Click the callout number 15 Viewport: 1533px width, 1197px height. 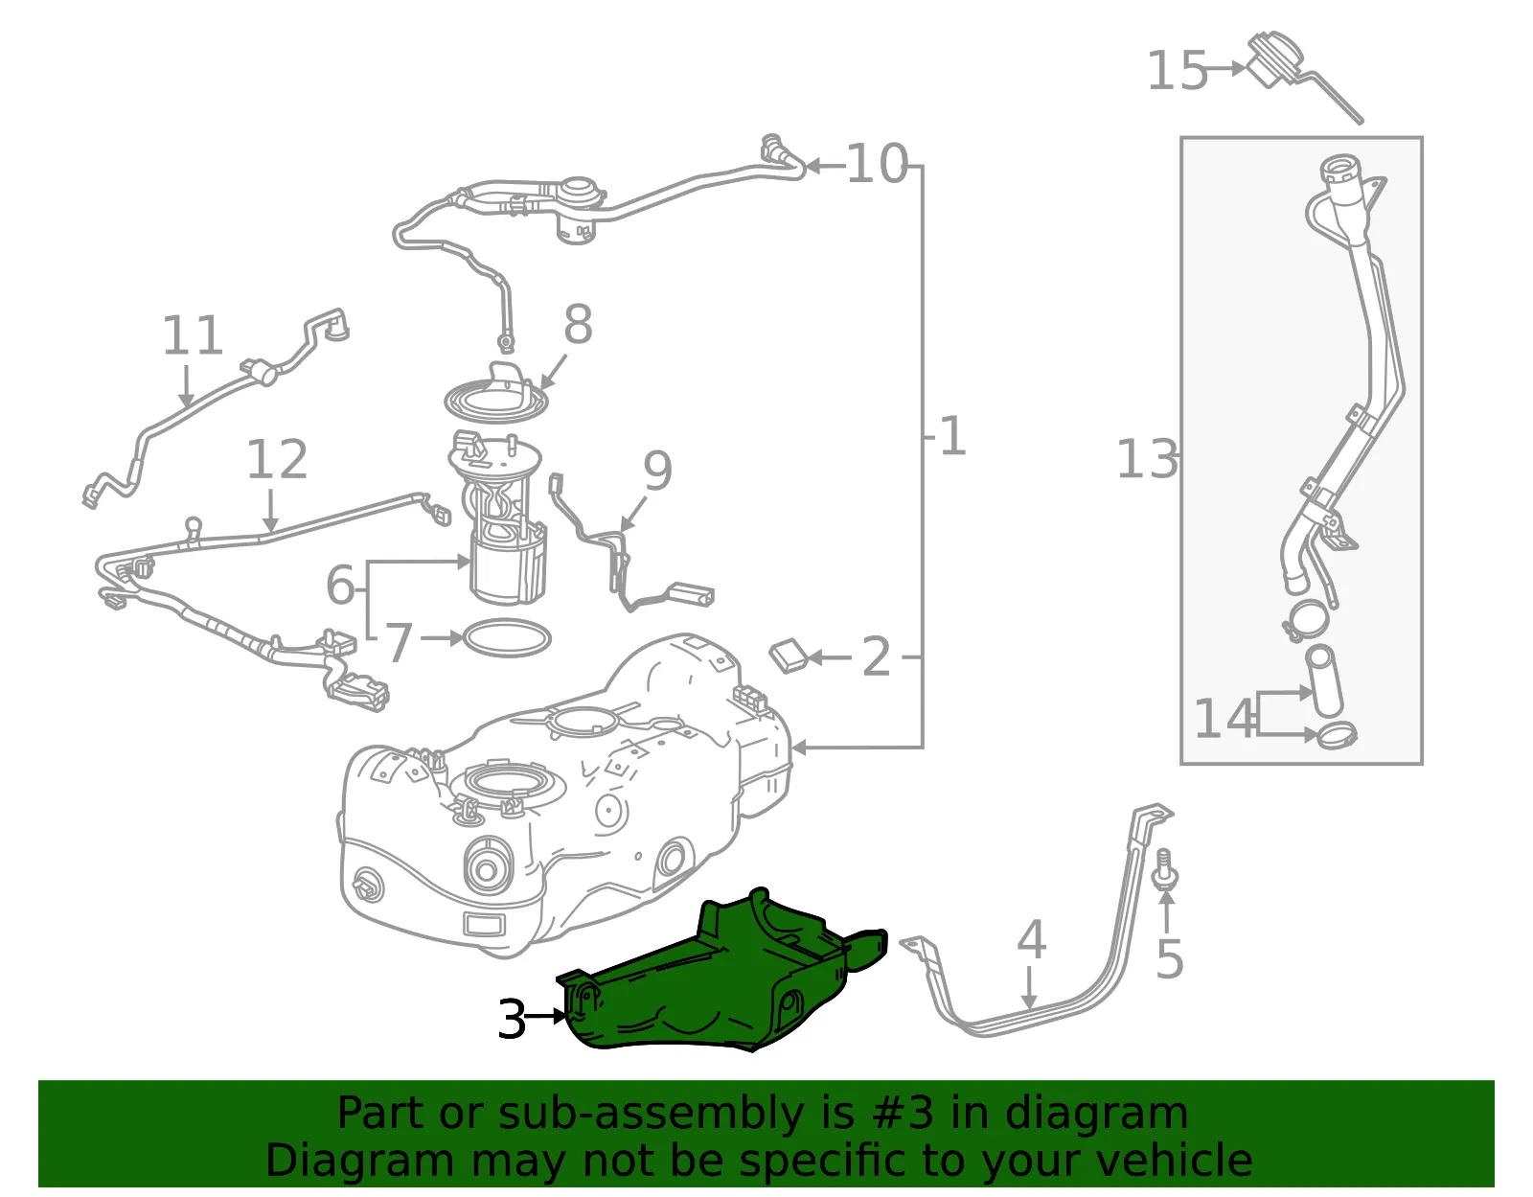coord(1177,71)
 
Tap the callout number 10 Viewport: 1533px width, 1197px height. coord(876,164)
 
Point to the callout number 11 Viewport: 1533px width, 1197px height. coord(192,335)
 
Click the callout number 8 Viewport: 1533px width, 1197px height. coord(578,325)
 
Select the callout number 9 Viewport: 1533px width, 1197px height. coord(657,471)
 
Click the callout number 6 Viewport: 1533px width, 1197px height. coord(341,585)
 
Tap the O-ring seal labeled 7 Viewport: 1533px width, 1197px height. coord(507,637)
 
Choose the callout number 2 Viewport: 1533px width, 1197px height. coord(876,657)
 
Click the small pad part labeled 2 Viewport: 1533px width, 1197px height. coord(789,656)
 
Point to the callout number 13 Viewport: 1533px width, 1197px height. coord(1147,458)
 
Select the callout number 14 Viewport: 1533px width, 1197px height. coord(1224,719)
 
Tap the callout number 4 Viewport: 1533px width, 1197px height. coord(1031,939)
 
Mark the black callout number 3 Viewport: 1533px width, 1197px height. coord(512,1019)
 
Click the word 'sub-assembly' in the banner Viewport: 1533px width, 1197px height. coord(651,1113)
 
